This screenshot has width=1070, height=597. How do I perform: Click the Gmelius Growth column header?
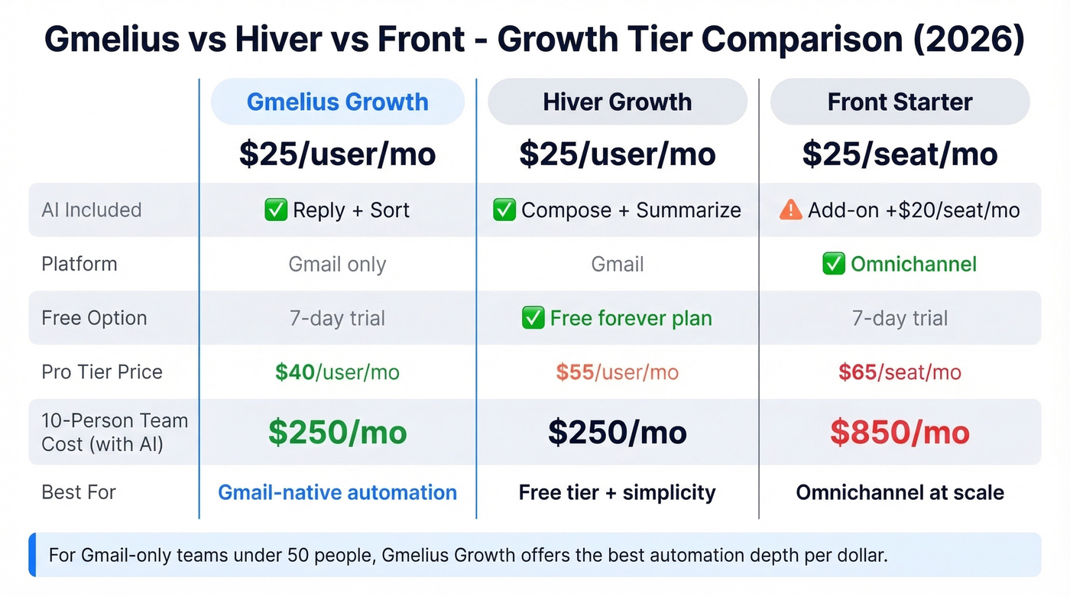337,102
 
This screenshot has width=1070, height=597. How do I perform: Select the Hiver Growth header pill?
617,102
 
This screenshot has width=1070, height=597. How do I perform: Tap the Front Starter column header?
900,102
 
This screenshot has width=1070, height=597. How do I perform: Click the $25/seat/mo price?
900,154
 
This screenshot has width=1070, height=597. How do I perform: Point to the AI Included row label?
92,210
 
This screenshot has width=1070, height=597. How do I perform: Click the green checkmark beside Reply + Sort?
275,210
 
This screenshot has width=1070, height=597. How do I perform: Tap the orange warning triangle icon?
790,210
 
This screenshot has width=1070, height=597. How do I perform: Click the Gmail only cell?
337,264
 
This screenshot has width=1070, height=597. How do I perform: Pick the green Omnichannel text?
913,264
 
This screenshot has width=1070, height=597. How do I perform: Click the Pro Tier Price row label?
102,372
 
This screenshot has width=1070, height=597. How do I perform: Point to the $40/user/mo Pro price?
337,372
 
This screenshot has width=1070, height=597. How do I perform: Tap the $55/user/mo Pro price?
617,372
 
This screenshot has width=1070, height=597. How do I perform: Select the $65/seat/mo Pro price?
900,372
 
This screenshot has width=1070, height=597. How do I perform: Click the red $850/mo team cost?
900,433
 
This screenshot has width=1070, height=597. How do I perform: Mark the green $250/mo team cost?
337,433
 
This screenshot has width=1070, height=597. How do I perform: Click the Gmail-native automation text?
337,492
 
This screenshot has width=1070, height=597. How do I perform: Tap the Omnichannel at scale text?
900,492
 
